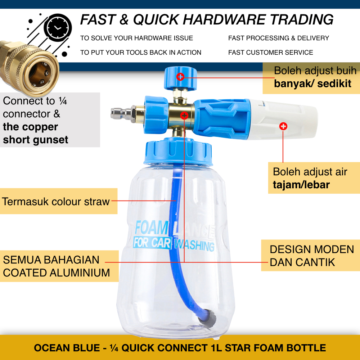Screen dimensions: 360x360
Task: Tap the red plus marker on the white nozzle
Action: [283, 126]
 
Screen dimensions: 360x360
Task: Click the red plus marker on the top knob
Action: [180, 76]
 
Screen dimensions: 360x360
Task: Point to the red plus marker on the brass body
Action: [184, 116]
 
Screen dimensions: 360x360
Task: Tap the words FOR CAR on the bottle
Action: [152, 243]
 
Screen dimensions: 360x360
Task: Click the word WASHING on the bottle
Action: [194, 246]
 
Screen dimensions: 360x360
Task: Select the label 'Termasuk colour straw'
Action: [56, 201]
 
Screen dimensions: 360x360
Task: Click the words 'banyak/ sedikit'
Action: [312, 84]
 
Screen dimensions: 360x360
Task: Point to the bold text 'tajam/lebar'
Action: [301, 185]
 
